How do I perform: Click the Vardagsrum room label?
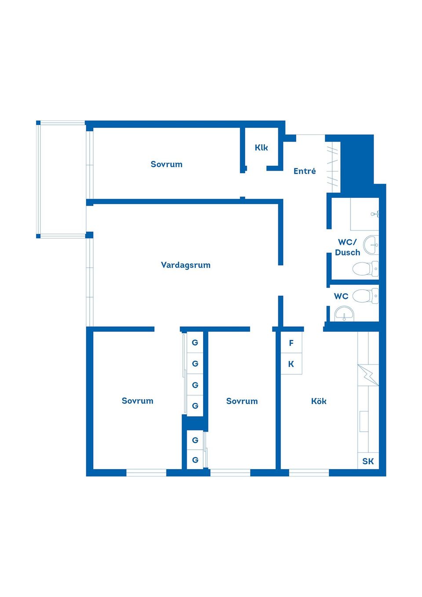tap(186, 265)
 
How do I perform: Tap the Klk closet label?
tap(261, 148)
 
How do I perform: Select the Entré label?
tap(305, 171)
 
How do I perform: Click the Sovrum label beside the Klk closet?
tap(167, 164)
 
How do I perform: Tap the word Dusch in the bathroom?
tap(347, 252)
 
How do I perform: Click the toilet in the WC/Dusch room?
tap(365, 269)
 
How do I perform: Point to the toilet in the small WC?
tap(365, 296)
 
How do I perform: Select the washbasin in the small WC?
tap(345, 314)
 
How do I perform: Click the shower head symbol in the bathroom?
tap(375, 214)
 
